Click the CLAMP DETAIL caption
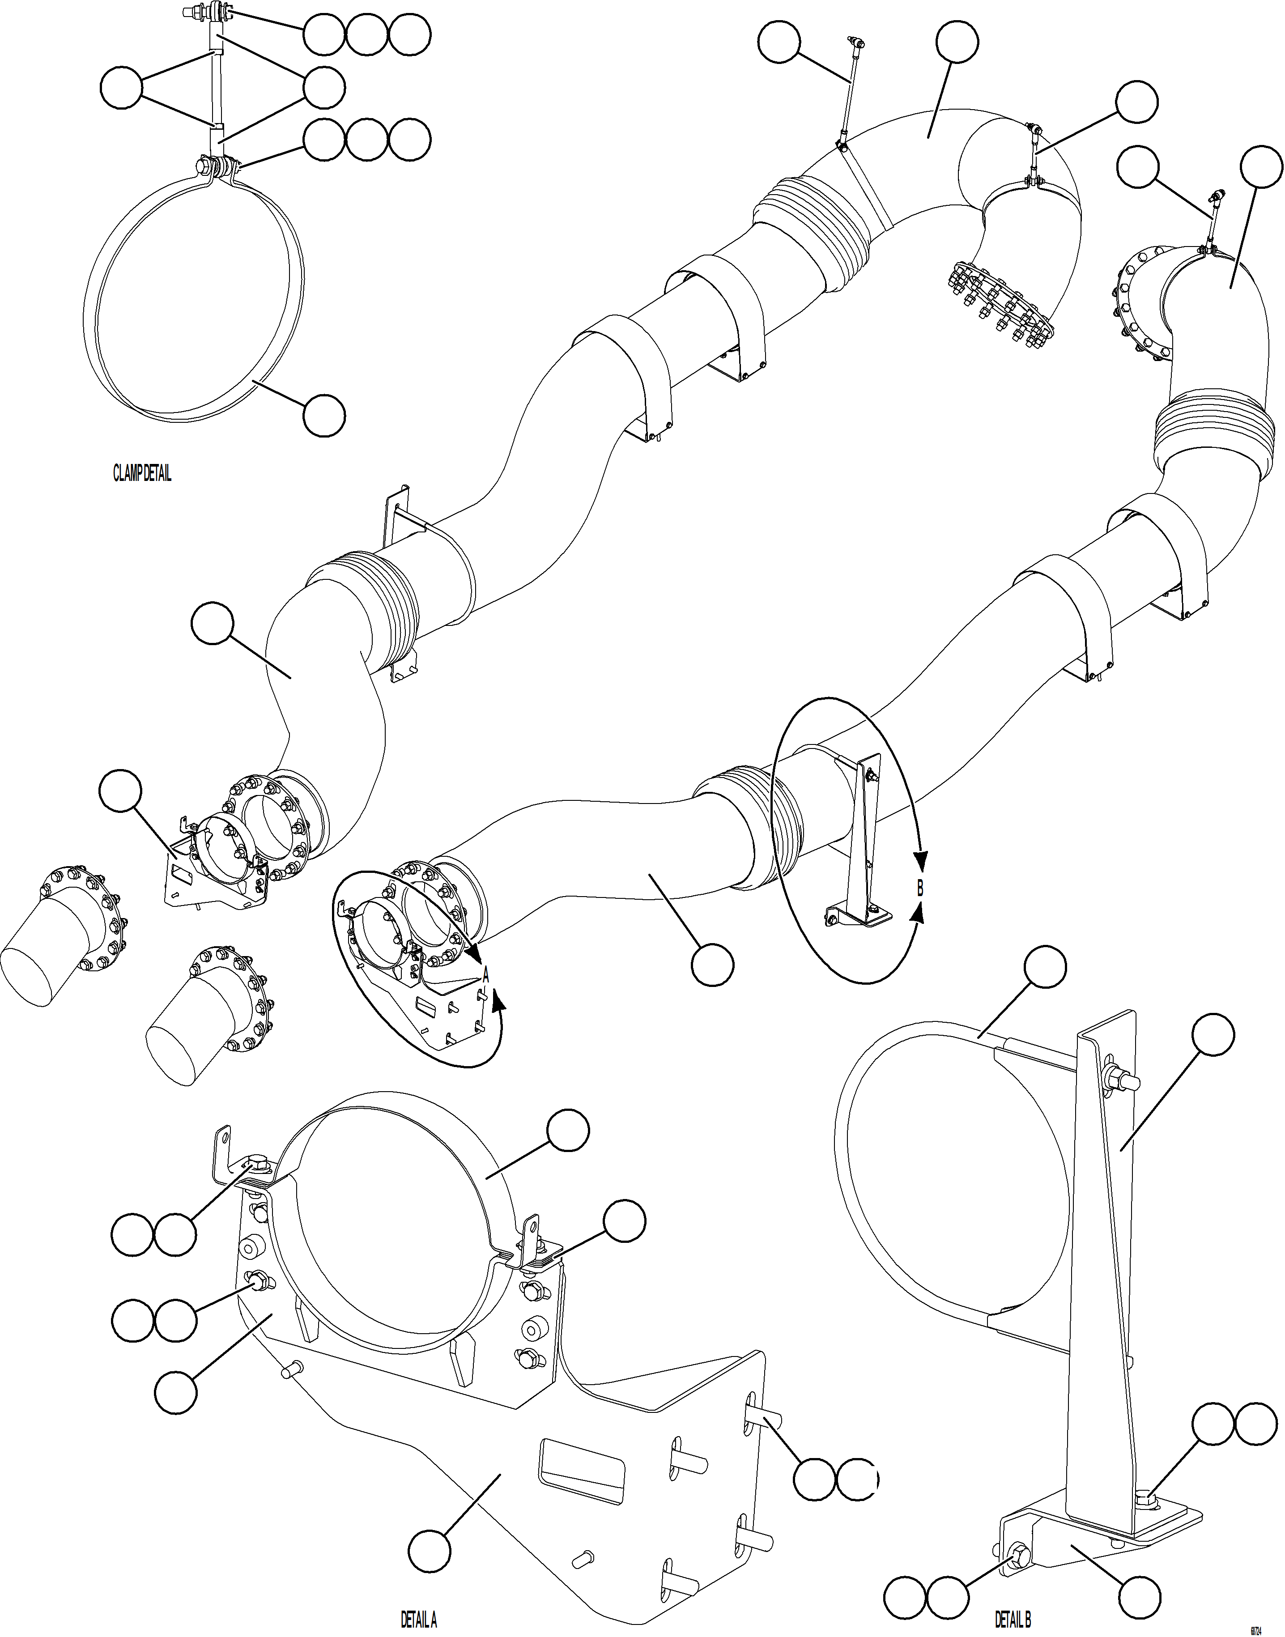tap(142, 474)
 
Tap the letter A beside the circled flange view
tap(486, 976)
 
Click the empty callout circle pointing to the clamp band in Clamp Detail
tap(324, 415)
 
